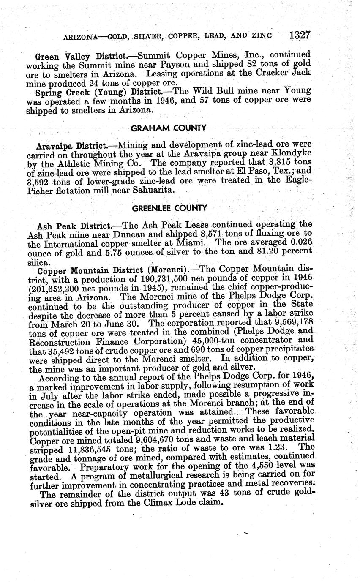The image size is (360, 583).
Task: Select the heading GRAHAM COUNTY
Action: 169,128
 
